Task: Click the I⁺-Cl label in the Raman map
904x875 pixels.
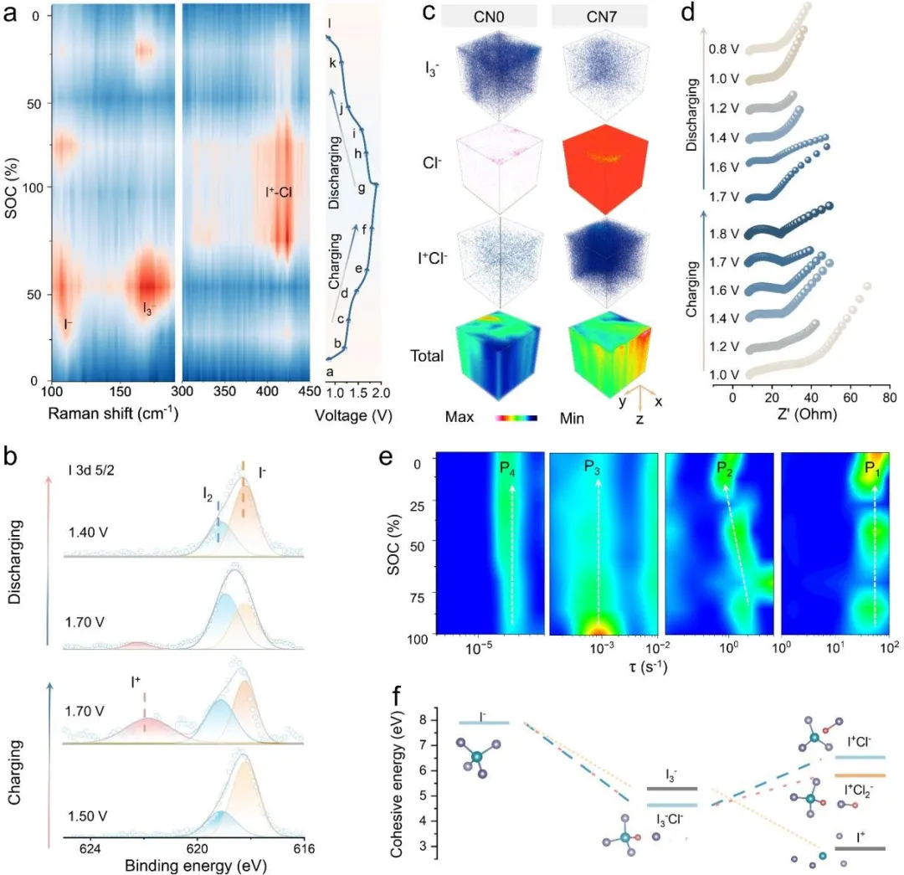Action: coord(279,202)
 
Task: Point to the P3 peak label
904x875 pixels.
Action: coord(596,466)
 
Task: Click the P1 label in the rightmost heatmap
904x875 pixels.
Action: coord(873,466)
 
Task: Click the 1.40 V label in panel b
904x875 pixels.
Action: coord(87,531)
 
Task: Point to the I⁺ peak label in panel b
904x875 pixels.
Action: coord(136,682)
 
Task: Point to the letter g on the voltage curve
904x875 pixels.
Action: coord(362,188)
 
